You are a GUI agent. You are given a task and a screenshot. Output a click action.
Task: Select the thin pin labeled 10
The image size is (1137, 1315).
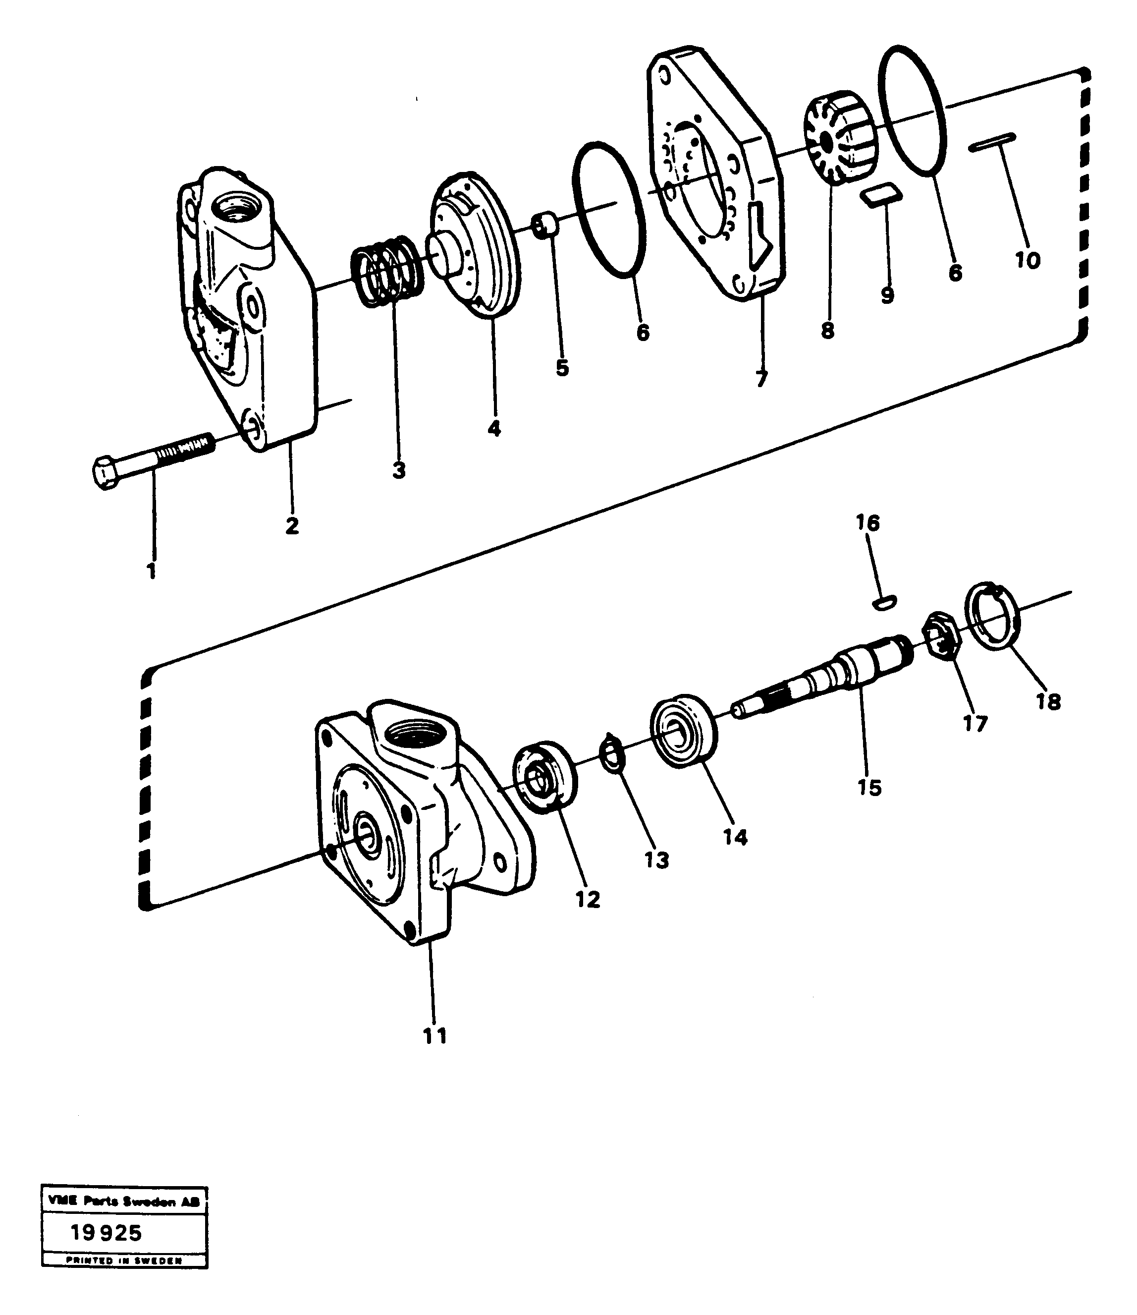(x=992, y=142)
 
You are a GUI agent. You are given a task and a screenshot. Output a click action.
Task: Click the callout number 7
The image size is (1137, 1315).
(x=762, y=379)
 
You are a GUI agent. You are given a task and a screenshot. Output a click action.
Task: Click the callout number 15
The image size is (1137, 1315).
(x=869, y=788)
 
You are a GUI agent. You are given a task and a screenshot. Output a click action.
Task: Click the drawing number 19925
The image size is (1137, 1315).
(x=107, y=1233)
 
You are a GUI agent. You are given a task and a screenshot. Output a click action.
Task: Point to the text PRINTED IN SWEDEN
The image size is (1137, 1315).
(x=124, y=1260)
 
